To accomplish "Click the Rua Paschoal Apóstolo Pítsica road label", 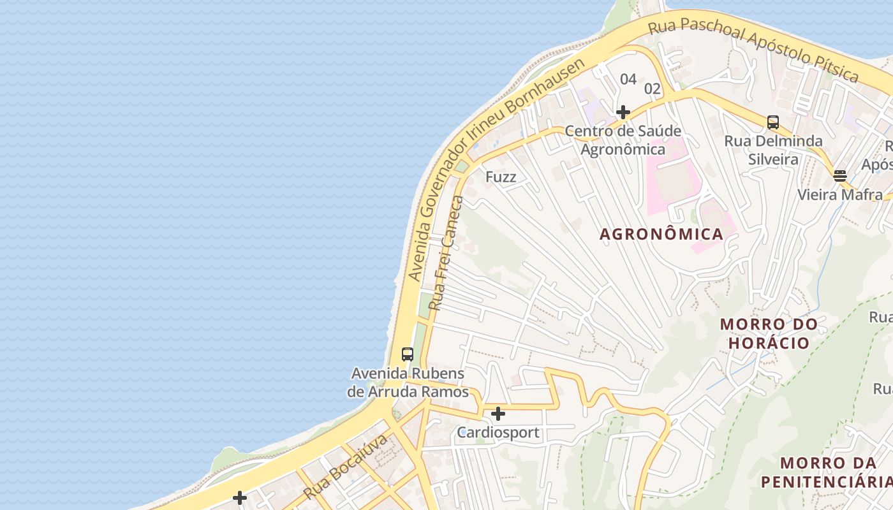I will [753, 49].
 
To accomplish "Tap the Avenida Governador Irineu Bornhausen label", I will [496, 170].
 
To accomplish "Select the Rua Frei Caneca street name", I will [446, 254].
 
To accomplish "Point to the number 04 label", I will [628, 79].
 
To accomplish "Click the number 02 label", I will [652, 89].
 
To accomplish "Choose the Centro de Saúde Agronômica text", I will [623, 140].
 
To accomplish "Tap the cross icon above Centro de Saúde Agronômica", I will [623, 113].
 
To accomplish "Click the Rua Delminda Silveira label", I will [773, 150].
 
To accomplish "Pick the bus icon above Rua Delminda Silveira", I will [773, 122].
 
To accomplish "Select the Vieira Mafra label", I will [840, 194].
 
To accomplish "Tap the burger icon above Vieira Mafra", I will [840, 176].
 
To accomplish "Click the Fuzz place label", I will [501, 177].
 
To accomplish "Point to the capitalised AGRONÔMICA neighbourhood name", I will [661, 234].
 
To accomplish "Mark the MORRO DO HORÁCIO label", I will [769, 333].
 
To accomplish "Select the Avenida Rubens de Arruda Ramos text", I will [408, 382].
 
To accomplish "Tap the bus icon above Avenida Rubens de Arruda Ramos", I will [408, 354].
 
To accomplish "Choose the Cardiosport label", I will [498, 433].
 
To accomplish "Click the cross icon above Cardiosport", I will [498, 414].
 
